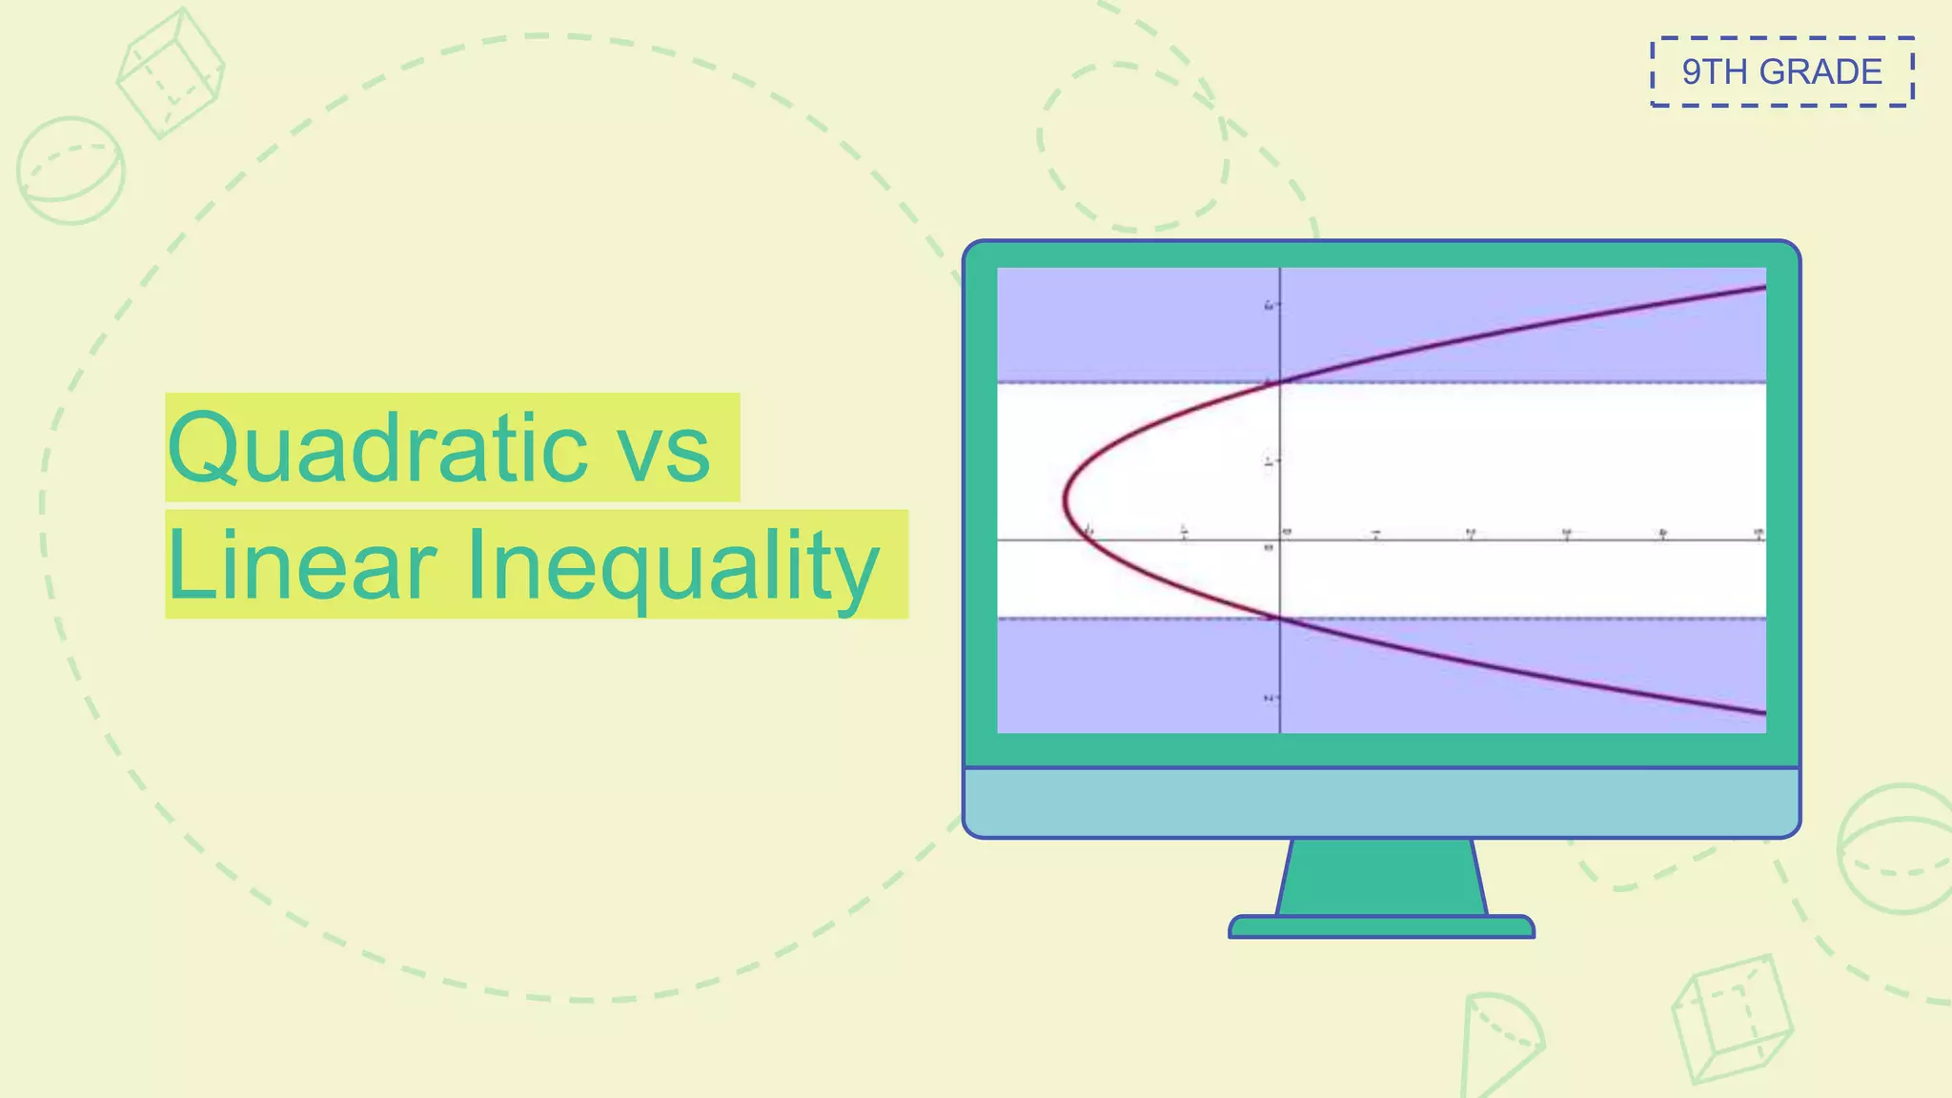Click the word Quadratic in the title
pos(377,448)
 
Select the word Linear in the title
pos(302,566)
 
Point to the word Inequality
pos(672,566)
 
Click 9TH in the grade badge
pos(1714,72)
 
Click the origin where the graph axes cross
pos(1279,539)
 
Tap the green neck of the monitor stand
pos(1381,877)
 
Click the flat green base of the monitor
pos(1381,927)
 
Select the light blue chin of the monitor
pos(1381,803)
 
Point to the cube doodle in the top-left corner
pos(170,74)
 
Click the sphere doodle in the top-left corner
pos(71,171)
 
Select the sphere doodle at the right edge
pos(1897,848)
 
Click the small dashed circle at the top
pos(1132,148)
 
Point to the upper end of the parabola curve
pos(1762,287)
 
